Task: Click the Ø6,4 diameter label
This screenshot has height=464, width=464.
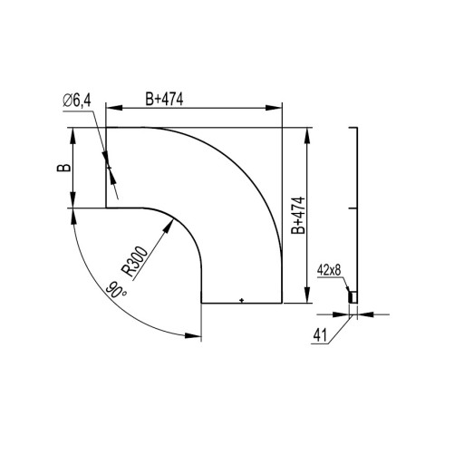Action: pos(77,101)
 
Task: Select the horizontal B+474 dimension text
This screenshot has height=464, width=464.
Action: pos(164,99)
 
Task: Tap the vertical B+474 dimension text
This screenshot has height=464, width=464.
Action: pos(298,216)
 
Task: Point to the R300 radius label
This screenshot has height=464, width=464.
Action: pos(135,261)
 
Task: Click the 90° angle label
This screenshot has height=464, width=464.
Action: pos(116,290)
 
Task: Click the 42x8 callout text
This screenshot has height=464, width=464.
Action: pos(329,270)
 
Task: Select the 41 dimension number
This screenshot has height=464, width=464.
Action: pos(320,335)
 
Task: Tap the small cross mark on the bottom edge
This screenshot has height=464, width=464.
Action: pos(241,300)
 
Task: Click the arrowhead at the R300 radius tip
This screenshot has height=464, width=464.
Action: pos(169,226)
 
